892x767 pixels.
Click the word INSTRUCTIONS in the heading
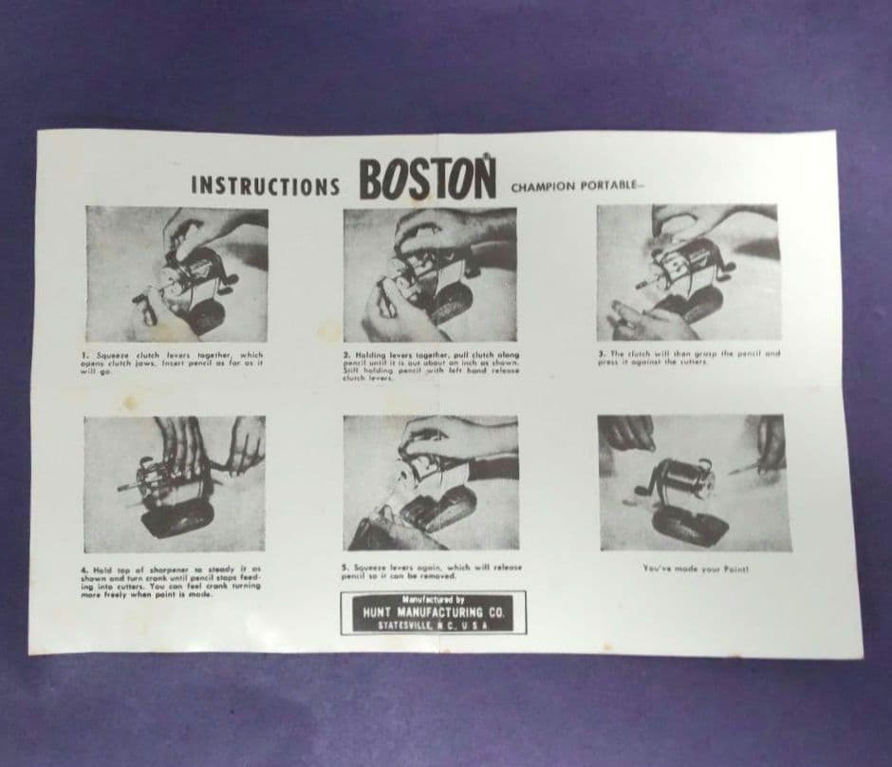point(264,184)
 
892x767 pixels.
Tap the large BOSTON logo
point(427,178)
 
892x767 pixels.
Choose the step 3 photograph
point(688,272)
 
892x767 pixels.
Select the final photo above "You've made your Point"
point(694,482)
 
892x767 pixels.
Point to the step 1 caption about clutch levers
point(173,363)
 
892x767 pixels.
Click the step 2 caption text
point(431,366)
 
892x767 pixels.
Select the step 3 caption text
point(689,358)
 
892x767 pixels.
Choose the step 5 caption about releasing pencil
point(431,571)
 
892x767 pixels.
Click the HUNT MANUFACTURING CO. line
point(432,613)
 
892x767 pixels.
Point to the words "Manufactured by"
point(432,600)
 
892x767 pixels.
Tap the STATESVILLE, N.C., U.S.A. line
point(432,626)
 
